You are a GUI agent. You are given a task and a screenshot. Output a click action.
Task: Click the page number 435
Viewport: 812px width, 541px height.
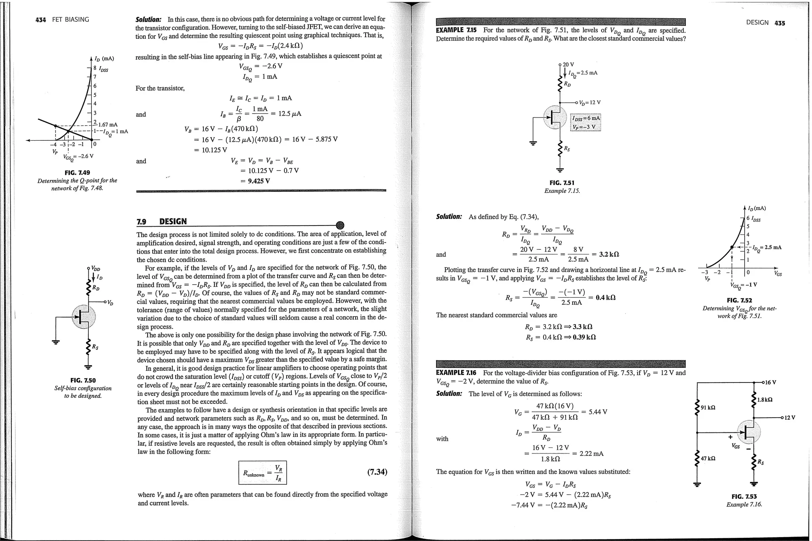point(779,23)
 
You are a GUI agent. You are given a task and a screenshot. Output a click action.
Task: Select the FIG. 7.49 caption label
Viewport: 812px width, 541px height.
point(77,173)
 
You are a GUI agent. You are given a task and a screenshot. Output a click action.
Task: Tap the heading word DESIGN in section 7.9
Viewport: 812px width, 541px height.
point(172,222)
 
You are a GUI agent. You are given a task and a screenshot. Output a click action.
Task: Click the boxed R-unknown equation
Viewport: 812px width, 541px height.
point(262,472)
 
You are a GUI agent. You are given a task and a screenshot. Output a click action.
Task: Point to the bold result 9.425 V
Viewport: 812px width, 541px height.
point(259,181)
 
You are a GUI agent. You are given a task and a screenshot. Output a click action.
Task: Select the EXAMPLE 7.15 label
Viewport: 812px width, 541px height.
point(456,30)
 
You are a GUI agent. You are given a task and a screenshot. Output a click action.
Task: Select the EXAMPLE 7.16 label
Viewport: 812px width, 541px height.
point(456,373)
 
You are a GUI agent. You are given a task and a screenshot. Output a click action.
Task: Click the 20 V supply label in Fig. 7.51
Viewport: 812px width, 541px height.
point(568,65)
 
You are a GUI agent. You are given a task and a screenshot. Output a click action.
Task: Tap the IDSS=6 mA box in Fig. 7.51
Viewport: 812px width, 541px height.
point(586,118)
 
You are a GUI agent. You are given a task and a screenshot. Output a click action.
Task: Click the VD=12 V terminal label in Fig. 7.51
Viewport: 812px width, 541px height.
point(590,103)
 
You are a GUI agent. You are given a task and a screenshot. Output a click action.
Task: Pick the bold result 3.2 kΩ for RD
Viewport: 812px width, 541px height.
point(609,254)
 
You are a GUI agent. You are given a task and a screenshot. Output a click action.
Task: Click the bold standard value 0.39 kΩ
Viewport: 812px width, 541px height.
point(585,337)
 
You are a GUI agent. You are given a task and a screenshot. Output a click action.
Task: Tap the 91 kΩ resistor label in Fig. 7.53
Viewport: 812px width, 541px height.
point(708,407)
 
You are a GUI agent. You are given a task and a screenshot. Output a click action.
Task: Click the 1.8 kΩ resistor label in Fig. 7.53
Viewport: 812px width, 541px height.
point(764,400)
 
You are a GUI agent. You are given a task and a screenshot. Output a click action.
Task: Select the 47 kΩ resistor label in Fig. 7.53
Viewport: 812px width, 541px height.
point(708,459)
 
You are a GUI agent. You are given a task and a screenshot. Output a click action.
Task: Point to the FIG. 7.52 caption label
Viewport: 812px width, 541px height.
point(737,301)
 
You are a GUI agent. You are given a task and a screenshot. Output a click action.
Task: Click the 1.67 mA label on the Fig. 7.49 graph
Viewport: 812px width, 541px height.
point(107,125)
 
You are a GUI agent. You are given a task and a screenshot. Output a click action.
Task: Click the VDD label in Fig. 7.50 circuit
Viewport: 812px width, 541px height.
point(96,269)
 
